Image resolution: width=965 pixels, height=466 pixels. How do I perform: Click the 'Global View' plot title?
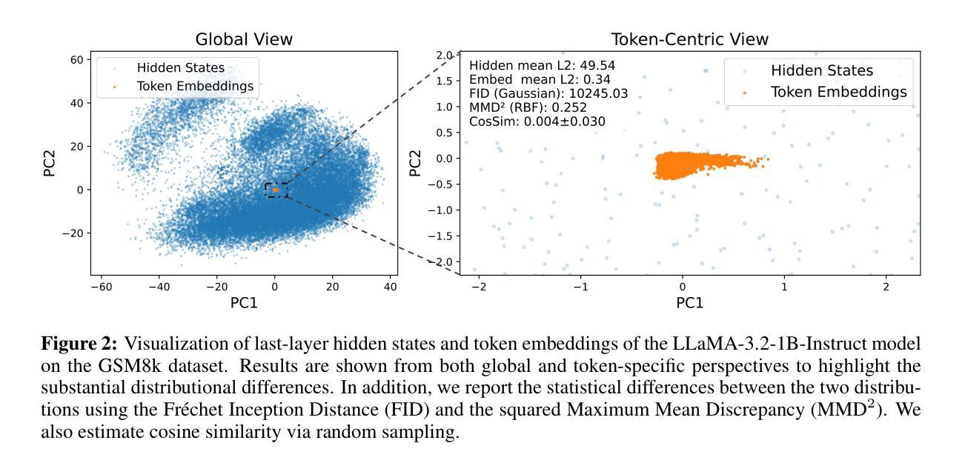click(x=244, y=39)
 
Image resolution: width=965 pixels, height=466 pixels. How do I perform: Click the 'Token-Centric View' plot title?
click(x=689, y=39)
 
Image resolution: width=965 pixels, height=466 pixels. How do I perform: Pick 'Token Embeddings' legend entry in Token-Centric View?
click(x=839, y=92)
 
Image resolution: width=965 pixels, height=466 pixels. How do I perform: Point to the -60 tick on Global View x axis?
click(x=101, y=287)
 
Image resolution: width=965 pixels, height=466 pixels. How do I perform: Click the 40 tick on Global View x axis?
click(x=390, y=287)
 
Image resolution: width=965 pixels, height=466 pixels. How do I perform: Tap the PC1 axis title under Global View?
click(x=244, y=302)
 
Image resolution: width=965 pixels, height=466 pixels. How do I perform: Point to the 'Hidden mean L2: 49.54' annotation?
click(x=543, y=65)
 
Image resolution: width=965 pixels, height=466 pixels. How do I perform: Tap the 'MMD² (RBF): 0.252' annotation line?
click(x=528, y=107)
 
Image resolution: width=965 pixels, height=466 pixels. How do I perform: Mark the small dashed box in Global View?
click(x=275, y=190)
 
